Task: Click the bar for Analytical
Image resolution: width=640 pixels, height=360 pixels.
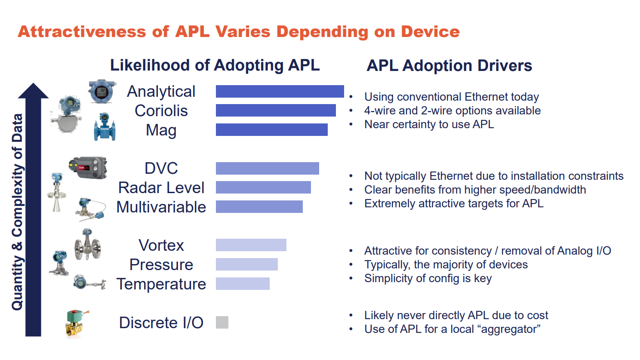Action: (280, 92)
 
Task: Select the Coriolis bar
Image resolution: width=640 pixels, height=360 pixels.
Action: (276, 110)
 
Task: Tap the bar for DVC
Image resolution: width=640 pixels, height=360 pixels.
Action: (268, 168)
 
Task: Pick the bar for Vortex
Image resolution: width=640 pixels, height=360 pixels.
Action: (251, 245)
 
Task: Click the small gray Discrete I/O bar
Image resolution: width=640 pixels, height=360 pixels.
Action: (222, 322)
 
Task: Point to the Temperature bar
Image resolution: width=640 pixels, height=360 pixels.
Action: (243, 284)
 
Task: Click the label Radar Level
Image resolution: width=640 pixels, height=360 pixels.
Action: (161, 188)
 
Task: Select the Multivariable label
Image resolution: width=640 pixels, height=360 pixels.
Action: (161, 207)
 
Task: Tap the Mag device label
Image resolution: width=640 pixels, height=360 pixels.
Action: (161, 130)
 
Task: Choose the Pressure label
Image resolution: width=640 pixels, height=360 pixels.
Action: (161, 265)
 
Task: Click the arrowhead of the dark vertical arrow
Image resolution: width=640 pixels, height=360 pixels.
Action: (33, 90)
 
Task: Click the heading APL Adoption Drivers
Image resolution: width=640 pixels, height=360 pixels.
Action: (449, 66)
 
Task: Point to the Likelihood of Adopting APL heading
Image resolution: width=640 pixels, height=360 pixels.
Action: (215, 65)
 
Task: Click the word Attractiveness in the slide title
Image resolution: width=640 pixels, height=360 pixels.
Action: (82, 31)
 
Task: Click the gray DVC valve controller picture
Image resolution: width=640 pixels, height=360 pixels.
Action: (88, 168)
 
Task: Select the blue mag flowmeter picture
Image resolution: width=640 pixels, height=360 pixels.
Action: (105, 127)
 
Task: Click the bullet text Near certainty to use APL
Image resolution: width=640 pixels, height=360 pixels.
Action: (429, 125)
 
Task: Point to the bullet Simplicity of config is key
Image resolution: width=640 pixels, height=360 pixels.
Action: (428, 278)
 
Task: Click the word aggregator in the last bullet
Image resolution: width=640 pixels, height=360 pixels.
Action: (511, 329)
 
